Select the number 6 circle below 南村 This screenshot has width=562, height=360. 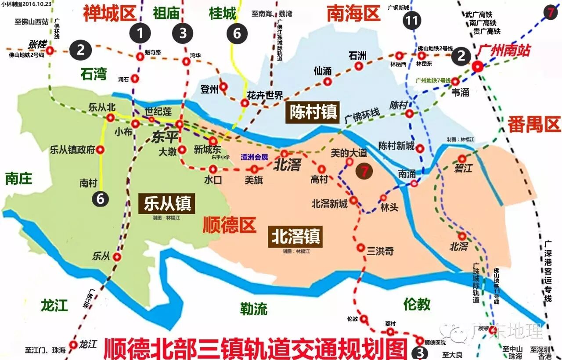pyautogui.click(x=101, y=199)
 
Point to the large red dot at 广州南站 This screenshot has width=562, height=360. pyautogui.click(x=478, y=67)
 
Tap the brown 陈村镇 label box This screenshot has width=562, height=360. pyautogui.click(x=313, y=112)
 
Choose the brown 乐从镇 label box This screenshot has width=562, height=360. pyautogui.click(x=165, y=204)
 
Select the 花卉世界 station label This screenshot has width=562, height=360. pyautogui.click(x=265, y=95)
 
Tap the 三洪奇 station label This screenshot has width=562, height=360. pyautogui.click(x=380, y=251)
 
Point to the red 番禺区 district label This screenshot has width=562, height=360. pyautogui.click(x=534, y=125)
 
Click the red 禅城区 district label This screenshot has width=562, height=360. pyautogui.click(x=109, y=14)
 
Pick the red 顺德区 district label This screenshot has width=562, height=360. pyautogui.click(x=229, y=225)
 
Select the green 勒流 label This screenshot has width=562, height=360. pyautogui.click(x=253, y=309)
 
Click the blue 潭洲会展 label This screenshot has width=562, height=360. pyautogui.click(x=254, y=157)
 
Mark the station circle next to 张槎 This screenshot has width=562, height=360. pyautogui.click(x=50, y=51)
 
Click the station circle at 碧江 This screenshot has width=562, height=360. pyautogui.click(x=462, y=158)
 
